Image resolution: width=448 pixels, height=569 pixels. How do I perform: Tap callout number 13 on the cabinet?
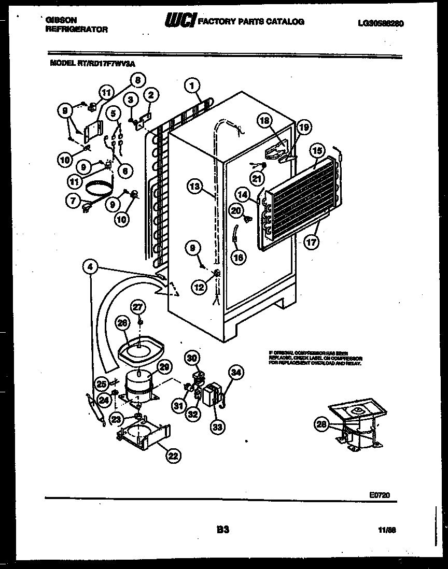pos(194,187)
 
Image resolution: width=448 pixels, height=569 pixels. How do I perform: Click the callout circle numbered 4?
pos(90,267)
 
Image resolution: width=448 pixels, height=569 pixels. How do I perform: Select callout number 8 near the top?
pos(137,80)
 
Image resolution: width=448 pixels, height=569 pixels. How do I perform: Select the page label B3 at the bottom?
pos(223,530)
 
